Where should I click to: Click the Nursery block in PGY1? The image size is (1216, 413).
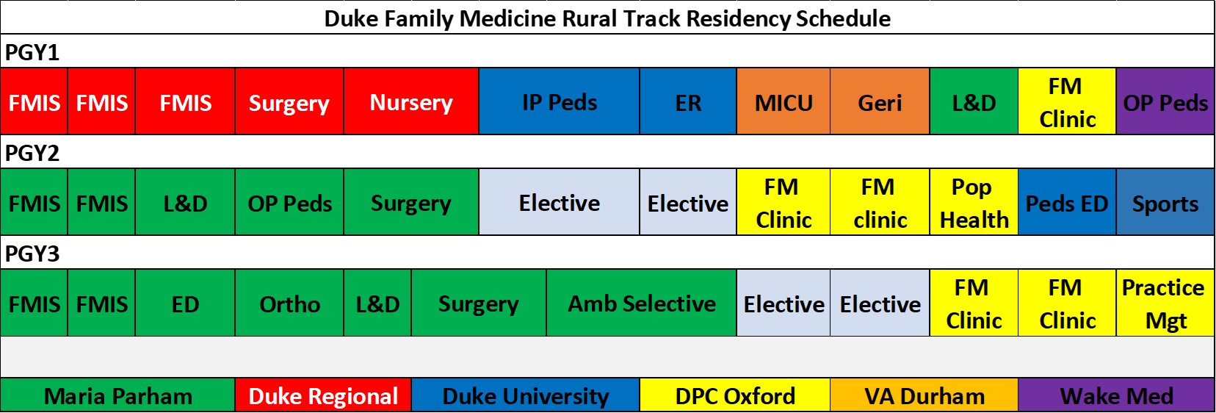[411, 101]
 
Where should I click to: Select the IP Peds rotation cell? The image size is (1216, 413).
[559, 101]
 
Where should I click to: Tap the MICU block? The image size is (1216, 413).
[783, 101]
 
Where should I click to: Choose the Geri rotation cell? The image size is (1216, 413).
[880, 101]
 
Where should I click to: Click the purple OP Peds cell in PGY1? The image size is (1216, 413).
[1165, 101]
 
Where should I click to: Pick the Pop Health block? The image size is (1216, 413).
[974, 202]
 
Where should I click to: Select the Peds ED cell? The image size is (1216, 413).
[1067, 202]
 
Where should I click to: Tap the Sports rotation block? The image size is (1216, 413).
[1165, 202]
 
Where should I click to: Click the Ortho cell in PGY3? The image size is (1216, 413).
[289, 303]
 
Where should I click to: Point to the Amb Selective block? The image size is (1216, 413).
[641, 303]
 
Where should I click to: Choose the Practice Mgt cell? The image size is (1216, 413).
[1165, 303]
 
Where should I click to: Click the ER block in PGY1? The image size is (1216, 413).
[688, 101]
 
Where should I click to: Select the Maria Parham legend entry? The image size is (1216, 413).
[117, 395]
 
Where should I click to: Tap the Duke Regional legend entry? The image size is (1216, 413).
[323, 395]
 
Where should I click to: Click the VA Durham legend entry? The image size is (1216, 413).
[924, 395]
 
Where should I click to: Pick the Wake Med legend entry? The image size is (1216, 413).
[1116, 395]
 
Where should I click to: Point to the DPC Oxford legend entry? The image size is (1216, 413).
[735, 395]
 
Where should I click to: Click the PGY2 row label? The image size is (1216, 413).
[32, 153]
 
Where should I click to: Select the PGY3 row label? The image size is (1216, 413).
[32, 254]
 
